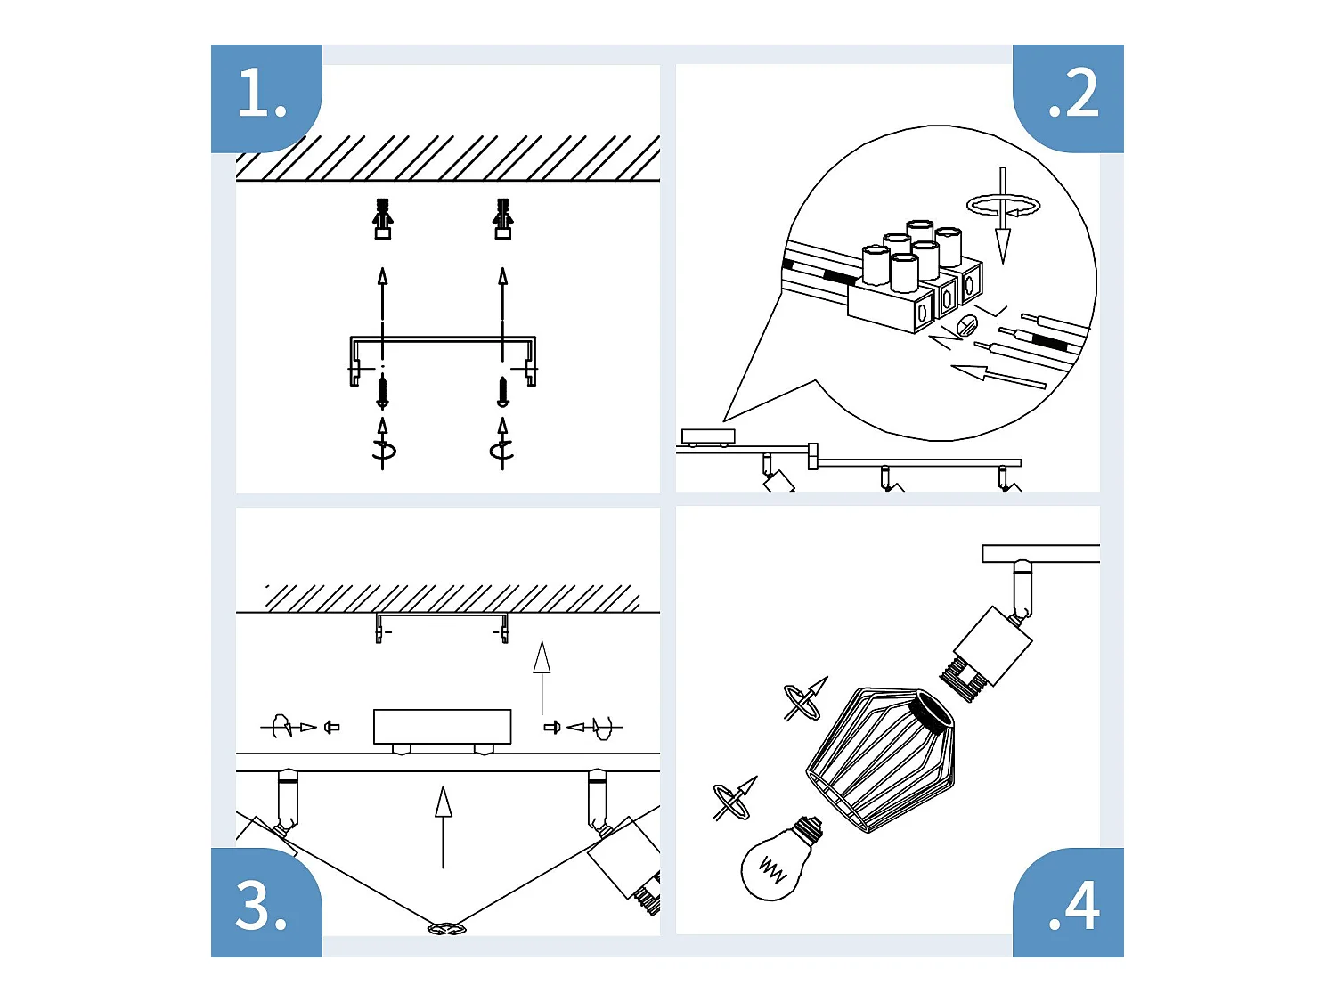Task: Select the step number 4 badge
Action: pyautogui.click(x=1071, y=906)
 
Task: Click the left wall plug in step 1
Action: pyautogui.click(x=382, y=218)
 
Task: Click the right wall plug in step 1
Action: pyautogui.click(x=502, y=218)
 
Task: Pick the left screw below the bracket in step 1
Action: pyautogui.click(x=383, y=392)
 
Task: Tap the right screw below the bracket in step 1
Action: pyautogui.click(x=502, y=392)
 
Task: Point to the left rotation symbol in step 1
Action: pyautogui.click(x=383, y=451)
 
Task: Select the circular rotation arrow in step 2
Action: pyautogui.click(x=1003, y=207)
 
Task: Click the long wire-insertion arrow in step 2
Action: pyautogui.click(x=998, y=376)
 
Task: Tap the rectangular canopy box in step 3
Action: pyautogui.click(x=442, y=726)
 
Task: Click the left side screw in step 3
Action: pyautogui.click(x=331, y=728)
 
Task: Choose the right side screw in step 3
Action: pyautogui.click(x=551, y=728)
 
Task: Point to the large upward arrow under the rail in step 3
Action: pyautogui.click(x=443, y=825)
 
